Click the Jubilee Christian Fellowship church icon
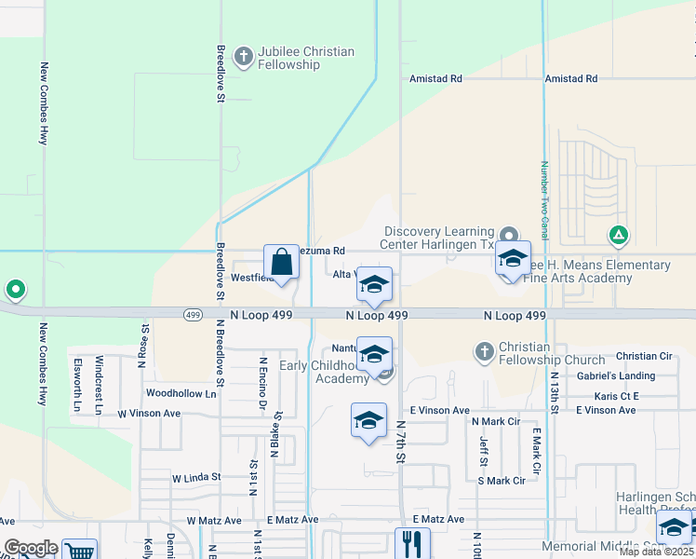pos(244,57)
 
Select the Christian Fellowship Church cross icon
pos(484,351)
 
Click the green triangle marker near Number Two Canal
pos(618,235)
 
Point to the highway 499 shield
pos(193,316)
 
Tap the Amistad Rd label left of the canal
pos(436,79)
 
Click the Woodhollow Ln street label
pos(181,394)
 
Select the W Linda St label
pos(195,477)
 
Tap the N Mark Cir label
pos(495,421)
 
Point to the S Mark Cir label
pos(501,481)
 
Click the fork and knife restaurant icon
pos(411,543)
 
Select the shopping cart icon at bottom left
pos(78,550)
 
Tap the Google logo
pos(30,548)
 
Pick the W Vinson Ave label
pos(149,413)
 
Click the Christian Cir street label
pos(644,356)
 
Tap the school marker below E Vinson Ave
pos(368,421)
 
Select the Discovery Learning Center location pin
pos(508,234)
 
